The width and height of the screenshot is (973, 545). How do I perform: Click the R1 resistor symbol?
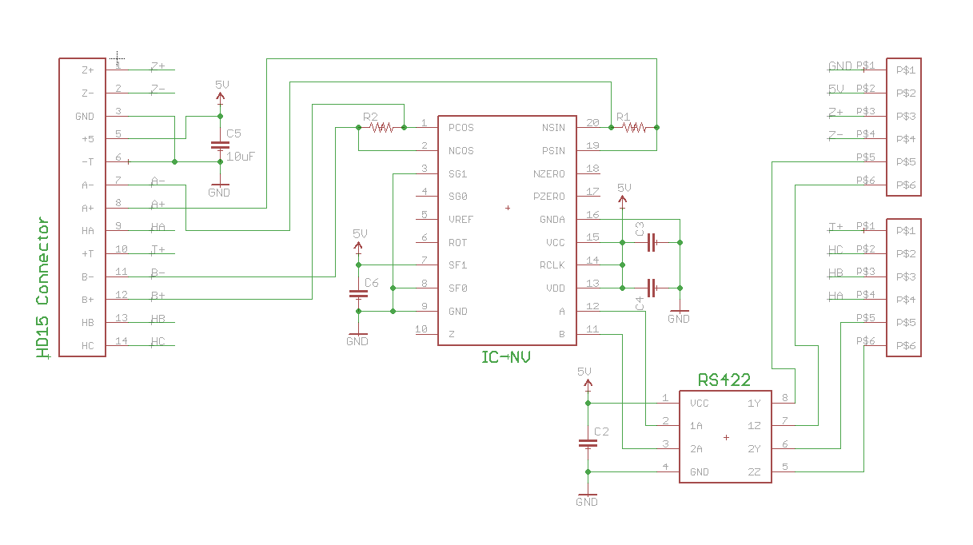coord(634,127)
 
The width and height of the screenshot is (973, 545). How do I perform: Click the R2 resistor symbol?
coord(381,127)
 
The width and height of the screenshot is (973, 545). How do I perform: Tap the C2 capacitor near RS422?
coord(588,443)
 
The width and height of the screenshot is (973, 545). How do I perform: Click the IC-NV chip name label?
coord(505,357)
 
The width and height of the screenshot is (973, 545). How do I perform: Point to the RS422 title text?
coord(724,380)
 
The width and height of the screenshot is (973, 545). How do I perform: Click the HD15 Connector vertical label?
coord(43,288)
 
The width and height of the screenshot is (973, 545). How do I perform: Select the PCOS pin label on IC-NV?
coord(461,127)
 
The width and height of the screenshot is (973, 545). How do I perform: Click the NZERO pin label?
coord(549,173)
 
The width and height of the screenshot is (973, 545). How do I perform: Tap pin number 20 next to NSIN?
coord(592,122)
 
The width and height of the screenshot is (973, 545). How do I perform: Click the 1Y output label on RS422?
coord(754,404)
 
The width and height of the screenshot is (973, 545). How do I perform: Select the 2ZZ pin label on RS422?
coord(754,472)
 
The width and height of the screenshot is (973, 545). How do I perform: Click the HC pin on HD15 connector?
coord(88,346)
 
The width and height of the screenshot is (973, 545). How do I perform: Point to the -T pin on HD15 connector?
coord(88,161)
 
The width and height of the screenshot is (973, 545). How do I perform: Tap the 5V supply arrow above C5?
coord(221,96)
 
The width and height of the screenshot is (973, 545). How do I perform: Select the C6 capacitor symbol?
coord(358,294)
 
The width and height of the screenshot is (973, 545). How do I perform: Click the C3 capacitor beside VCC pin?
coord(651,242)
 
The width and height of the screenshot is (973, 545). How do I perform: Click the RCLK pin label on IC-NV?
coord(552,265)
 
